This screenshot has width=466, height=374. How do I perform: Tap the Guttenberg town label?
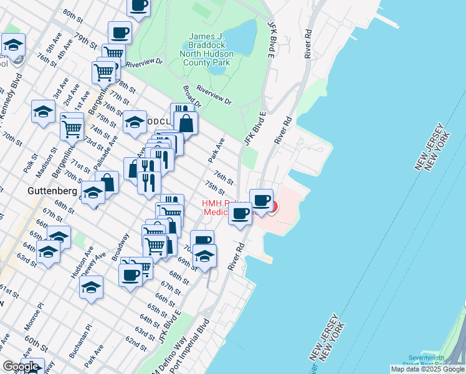tap(51, 189)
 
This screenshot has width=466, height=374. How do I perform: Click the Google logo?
tap(21, 367)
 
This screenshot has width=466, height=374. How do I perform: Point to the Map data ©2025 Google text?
tap(427, 369)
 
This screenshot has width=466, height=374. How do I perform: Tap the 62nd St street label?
tap(135, 343)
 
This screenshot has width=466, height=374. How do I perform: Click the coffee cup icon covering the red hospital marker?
tap(262, 201)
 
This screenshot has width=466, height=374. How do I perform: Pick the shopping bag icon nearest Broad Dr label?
tap(186, 123)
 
